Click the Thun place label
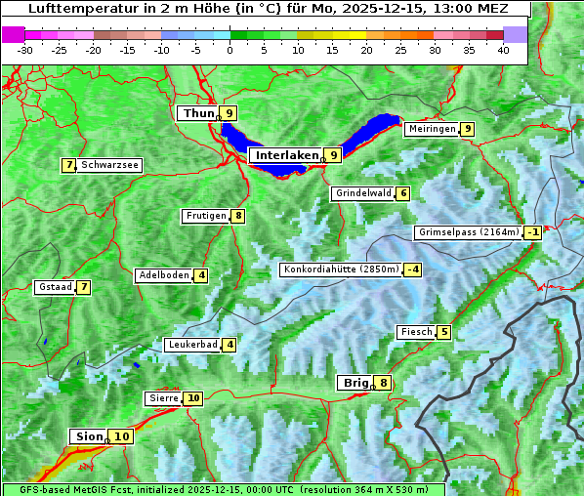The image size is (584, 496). [198, 113]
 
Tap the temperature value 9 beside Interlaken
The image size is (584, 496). [333, 154]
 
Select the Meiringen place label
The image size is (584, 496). [432, 129]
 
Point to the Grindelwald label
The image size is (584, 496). [363, 193]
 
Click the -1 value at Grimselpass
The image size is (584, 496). [532, 232]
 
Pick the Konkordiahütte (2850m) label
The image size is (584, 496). [341, 269]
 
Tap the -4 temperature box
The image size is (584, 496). [413, 269]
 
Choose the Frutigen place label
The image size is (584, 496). [206, 216]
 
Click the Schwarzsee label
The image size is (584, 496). [110, 165]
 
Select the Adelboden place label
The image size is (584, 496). [163, 275]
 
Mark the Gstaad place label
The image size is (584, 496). [56, 287]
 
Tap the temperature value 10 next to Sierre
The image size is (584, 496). [192, 398]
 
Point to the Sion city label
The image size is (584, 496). [87, 436]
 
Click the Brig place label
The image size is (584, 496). [355, 383]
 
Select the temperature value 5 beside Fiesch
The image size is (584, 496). [444, 332]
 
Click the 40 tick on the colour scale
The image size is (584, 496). [503, 49]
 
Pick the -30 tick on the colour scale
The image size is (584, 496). [25, 49]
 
